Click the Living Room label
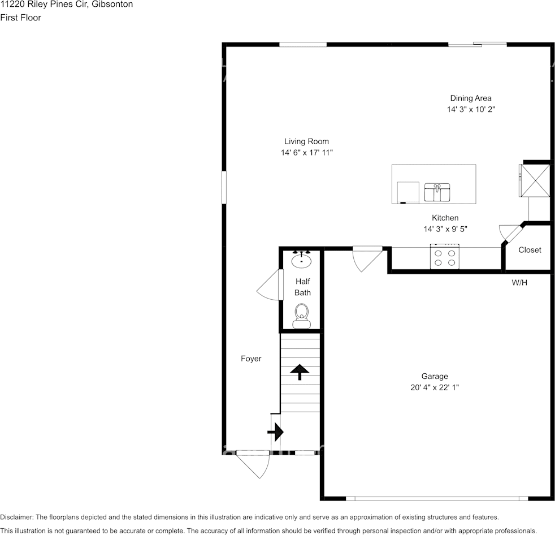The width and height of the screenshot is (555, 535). coord(306,141)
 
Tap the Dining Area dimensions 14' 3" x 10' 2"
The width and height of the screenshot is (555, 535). coord(471,109)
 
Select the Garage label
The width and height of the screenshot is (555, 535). coord(434,376)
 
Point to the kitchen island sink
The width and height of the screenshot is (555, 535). coord(437,192)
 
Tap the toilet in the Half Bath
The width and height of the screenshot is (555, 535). coord(302,316)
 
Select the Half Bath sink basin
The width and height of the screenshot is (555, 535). coord(302,260)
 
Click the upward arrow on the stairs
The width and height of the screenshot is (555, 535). coord(299,372)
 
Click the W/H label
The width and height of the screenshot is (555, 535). coord(519,282)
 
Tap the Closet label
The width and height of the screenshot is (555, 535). coord(530,249)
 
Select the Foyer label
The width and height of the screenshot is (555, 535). coord(251,359)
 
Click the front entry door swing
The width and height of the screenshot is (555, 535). coord(254,465)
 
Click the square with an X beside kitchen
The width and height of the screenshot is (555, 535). coord(535,179)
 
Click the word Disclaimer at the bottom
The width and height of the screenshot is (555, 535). coord(16,517)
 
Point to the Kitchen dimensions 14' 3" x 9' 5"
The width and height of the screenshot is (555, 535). coord(445,229)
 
